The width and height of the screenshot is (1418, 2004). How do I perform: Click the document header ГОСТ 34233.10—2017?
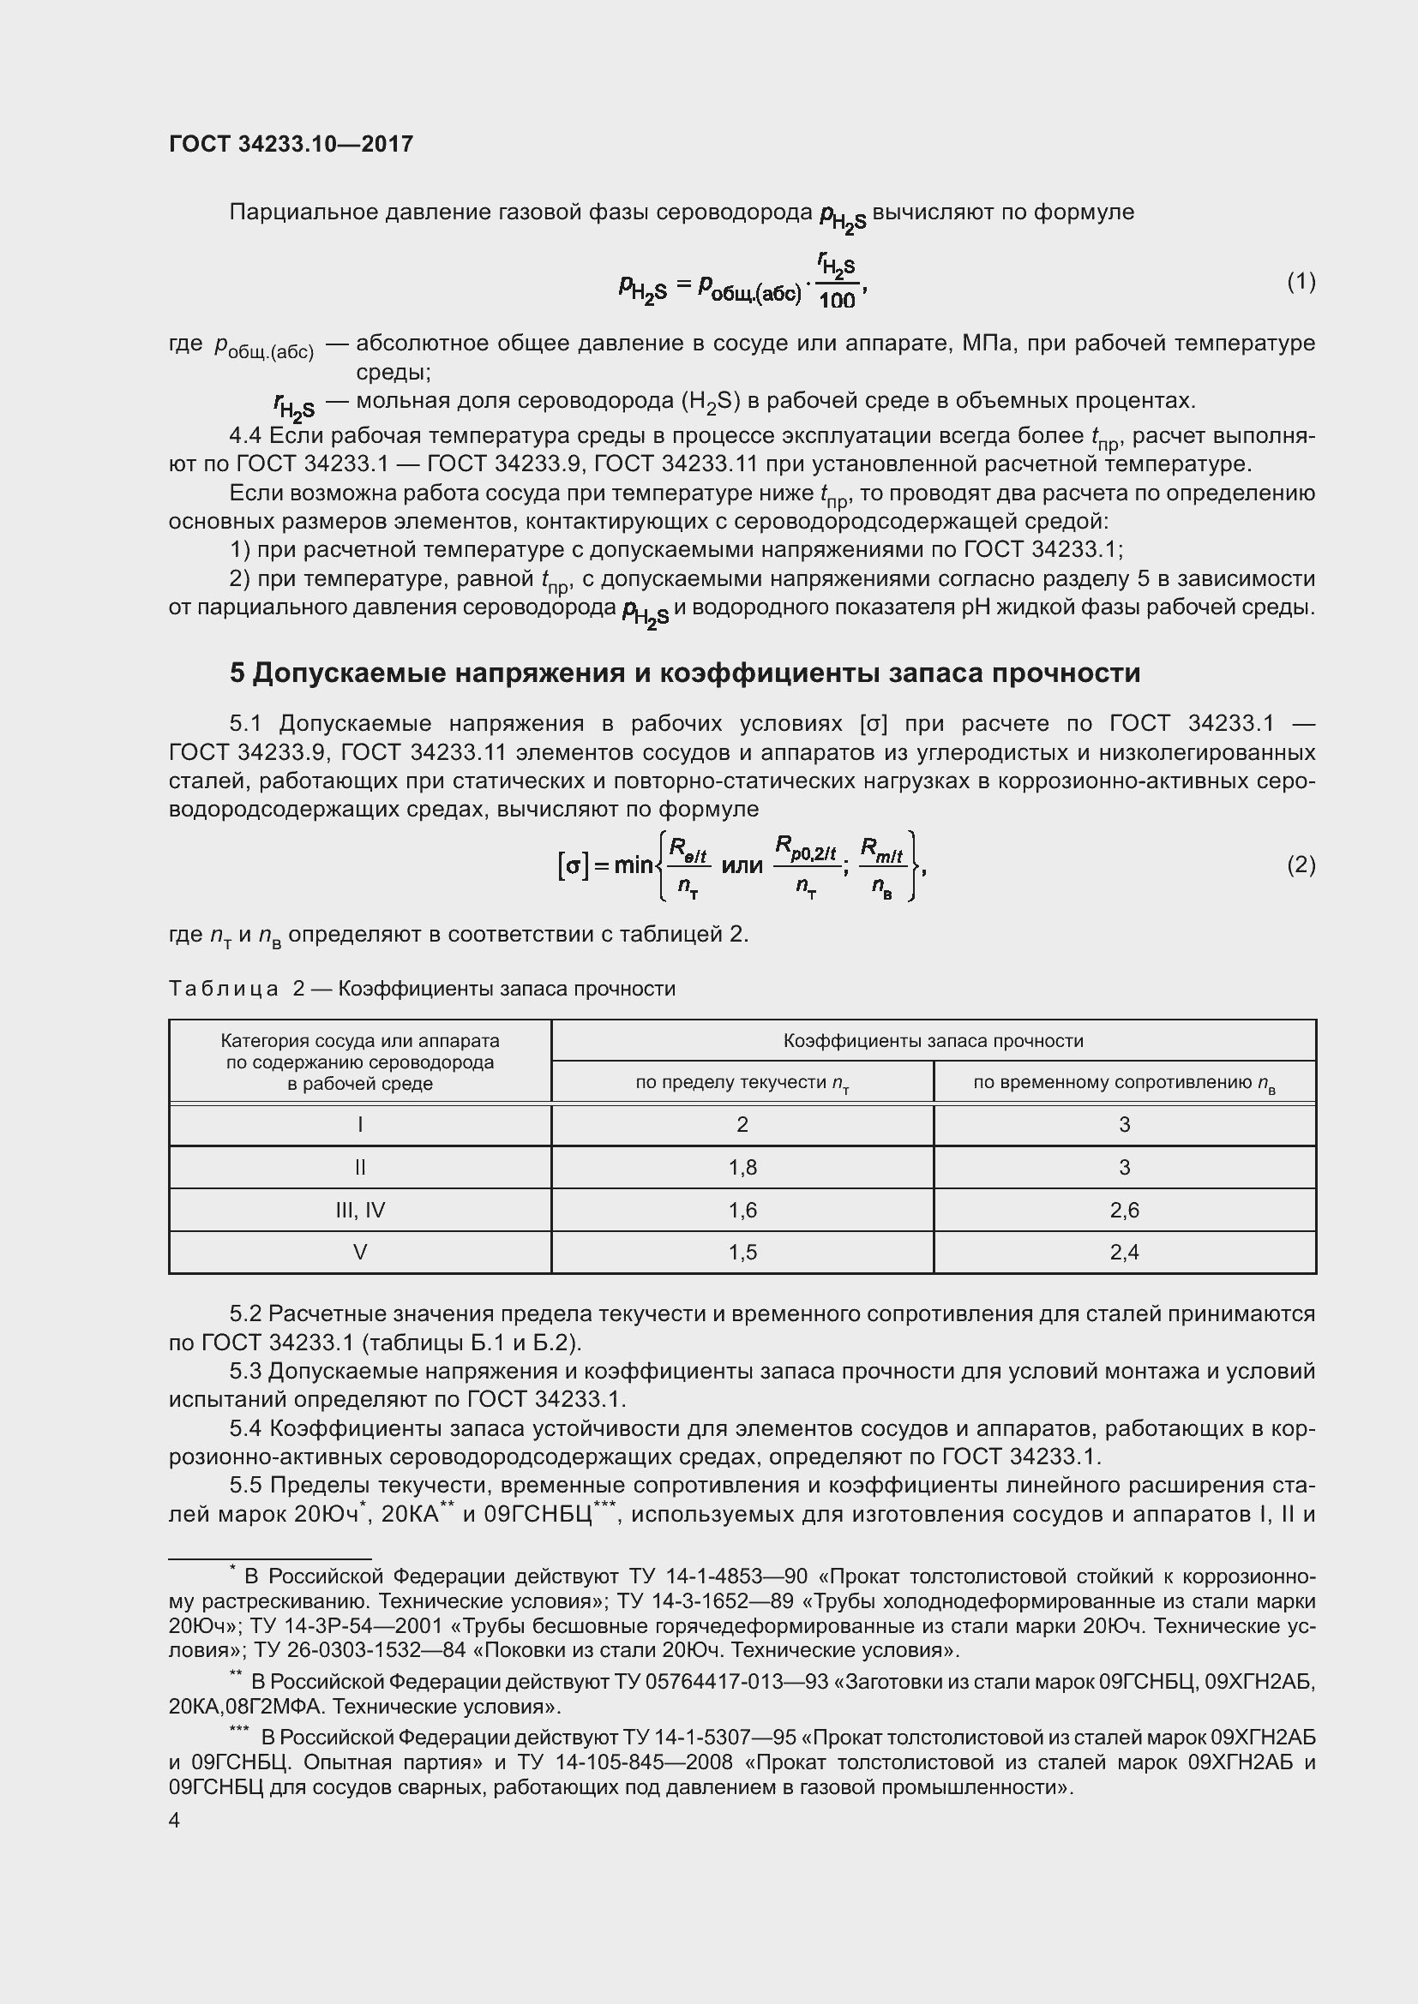click(291, 144)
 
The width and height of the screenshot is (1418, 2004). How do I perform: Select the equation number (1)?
click(1301, 281)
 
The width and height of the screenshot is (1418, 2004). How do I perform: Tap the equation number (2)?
click(1301, 864)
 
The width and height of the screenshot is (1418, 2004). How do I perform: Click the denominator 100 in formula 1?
click(838, 300)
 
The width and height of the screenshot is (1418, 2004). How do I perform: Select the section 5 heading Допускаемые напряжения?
click(684, 673)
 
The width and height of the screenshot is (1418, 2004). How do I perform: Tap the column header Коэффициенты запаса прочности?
click(933, 1040)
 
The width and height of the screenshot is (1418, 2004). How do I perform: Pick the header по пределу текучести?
click(742, 1083)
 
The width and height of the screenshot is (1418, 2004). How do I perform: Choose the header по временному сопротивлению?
click(1124, 1083)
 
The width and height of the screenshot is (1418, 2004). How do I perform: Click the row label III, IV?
click(360, 1210)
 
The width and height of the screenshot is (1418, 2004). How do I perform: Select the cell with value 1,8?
click(742, 1167)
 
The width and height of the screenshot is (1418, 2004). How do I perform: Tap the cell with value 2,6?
click(1124, 1210)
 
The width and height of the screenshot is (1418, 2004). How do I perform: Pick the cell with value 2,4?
click(1124, 1253)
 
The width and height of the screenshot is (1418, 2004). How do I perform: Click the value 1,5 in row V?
click(742, 1253)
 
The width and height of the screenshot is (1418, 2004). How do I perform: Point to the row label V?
click(360, 1253)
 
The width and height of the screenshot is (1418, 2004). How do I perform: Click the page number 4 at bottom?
click(175, 1820)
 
